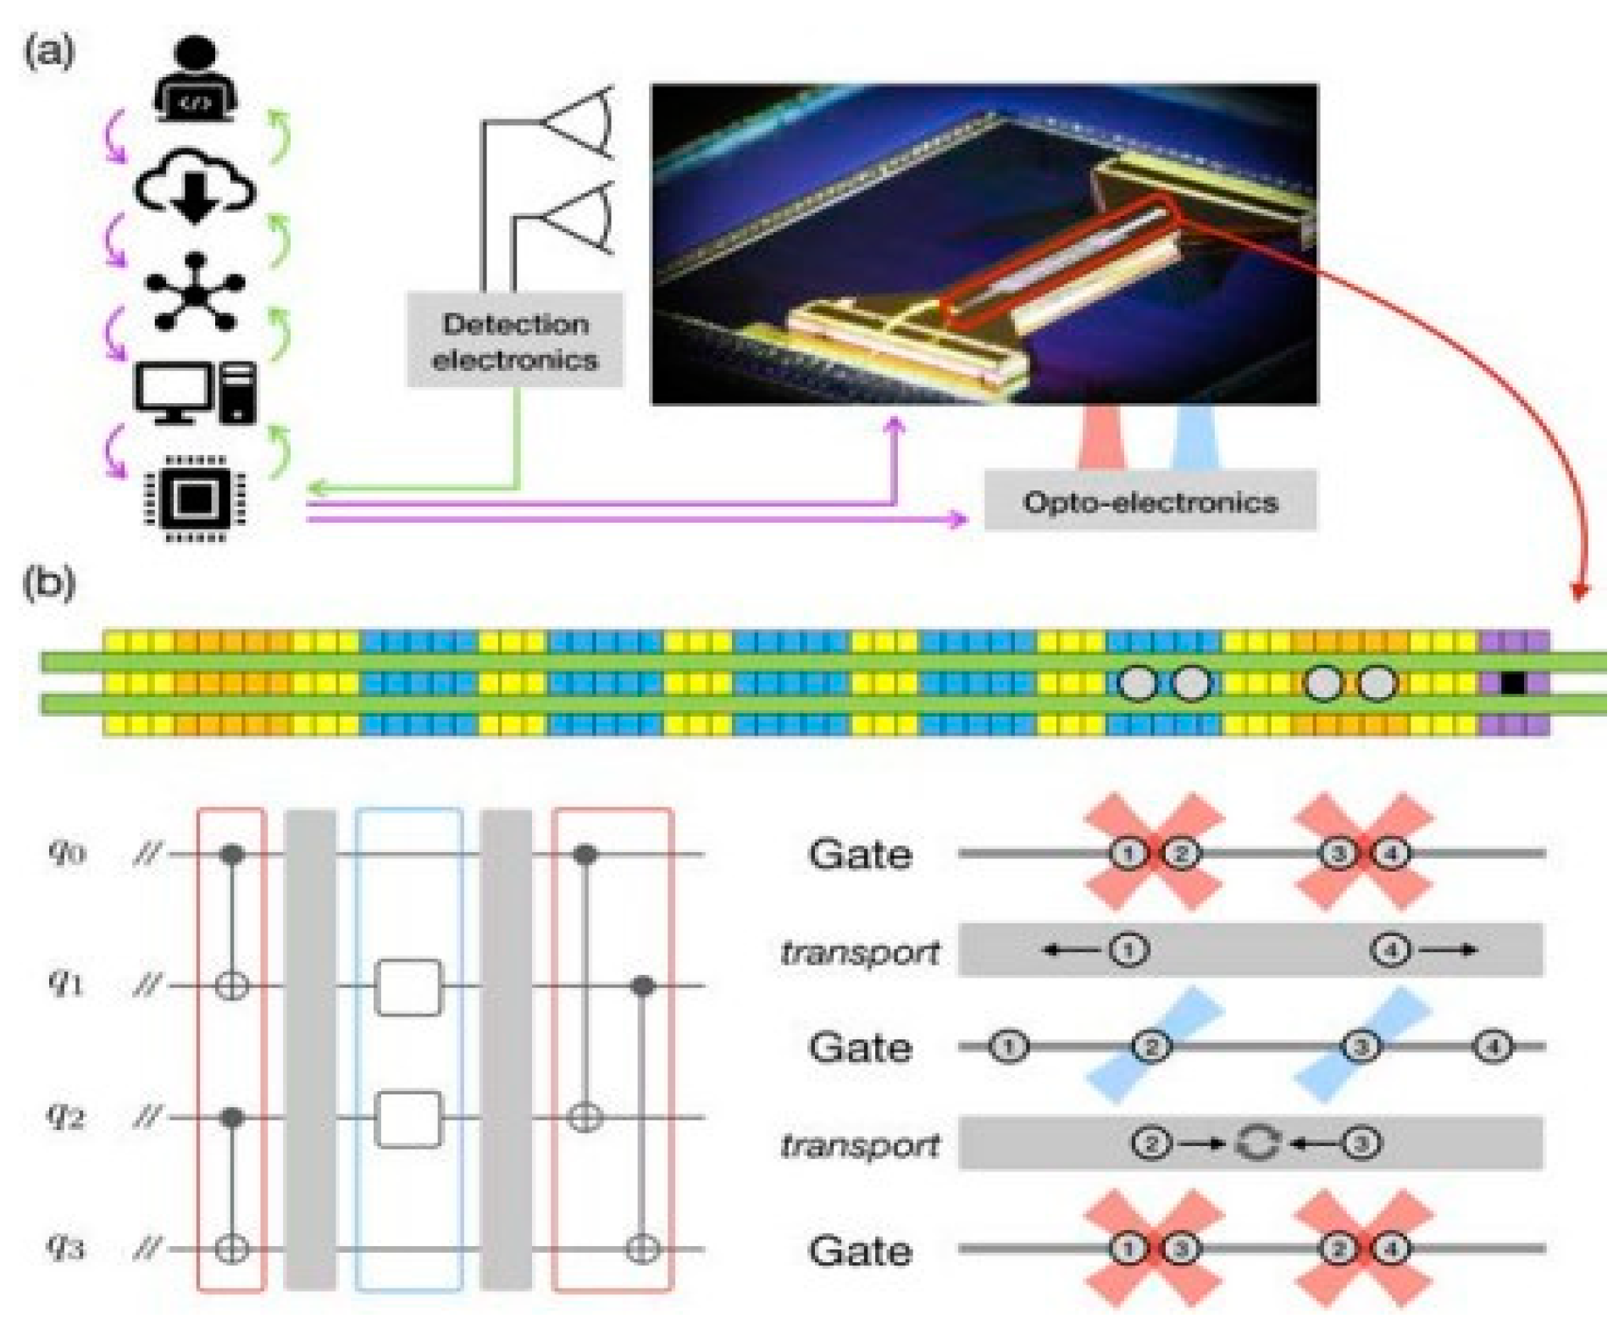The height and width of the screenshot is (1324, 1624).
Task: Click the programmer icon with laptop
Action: (x=195, y=80)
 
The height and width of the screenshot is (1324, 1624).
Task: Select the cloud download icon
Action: (x=195, y=186)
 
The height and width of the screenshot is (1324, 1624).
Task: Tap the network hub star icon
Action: (x=196, y=293)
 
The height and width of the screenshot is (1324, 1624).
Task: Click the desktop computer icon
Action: (x=196, y=393)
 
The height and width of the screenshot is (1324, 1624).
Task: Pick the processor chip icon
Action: (x=196, y=500)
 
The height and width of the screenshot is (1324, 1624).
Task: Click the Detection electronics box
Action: (x=514, y=341)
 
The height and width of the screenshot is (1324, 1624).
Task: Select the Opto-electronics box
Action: (x=1150, y=501)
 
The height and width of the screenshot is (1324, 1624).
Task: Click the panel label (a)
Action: (x=49, y=53)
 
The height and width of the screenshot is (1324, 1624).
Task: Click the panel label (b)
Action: (x=49, y=583)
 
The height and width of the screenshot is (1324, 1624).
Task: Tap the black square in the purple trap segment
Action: (x=1512, y=683)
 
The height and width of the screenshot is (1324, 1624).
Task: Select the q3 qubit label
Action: (x=66, y=1246)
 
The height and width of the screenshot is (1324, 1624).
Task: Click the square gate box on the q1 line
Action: (x=408, y=987)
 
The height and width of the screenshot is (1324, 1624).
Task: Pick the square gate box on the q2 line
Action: (x=408, y=1119)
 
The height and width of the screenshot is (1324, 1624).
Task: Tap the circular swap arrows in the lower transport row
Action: (x=1255, y=1144)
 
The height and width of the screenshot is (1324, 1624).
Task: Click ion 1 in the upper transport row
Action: (x=1128, y=950)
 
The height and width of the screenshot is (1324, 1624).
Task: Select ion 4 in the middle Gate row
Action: (x=1492, y=1047)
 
